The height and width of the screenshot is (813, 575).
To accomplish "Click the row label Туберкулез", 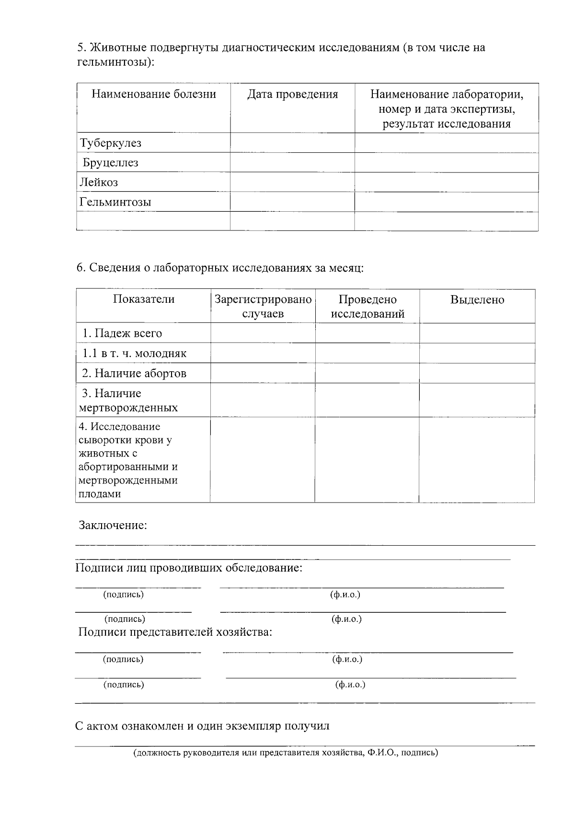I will (x=111, y=143).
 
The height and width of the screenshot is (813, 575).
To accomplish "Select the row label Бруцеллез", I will (x=111, y=163).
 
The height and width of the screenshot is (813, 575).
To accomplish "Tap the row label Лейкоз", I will (x=99, y=183).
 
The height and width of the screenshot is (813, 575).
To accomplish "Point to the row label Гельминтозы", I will (x=115, y=202).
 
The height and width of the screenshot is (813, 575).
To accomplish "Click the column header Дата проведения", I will (x=292, y=94).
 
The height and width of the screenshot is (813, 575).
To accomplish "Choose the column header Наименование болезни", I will (x=154, y=94).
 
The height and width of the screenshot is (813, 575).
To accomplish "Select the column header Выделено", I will (x=477, y=300).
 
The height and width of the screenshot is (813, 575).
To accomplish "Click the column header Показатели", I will (x=144, y=299).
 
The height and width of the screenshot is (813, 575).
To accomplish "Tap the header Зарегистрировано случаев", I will (x=263, y=307).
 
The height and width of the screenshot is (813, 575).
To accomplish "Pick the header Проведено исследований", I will (x=368, y=307).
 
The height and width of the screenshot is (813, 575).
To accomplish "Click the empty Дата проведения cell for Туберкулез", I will (x=292, y=143).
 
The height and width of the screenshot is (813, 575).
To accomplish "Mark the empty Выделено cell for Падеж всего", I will (x=477, y=333).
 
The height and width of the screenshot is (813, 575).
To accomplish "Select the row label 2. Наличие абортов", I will (x=134, y=373).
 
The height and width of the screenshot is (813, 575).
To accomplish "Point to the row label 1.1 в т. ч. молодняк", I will (x=134, y=354).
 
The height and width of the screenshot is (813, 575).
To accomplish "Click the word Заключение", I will (x=113, y=526).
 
